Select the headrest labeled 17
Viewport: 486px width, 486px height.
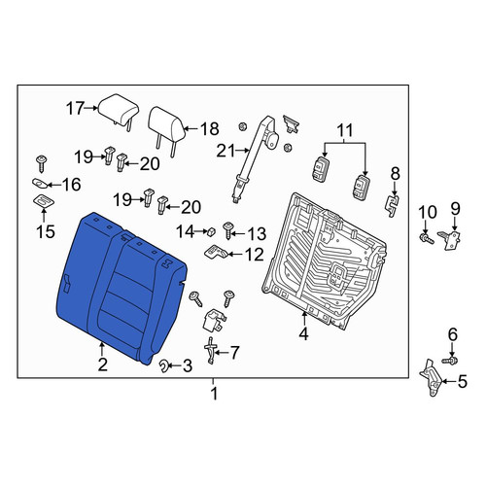119,110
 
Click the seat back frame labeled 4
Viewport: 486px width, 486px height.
324,260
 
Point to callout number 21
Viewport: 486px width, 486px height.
226,151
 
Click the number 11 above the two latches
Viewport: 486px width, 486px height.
345,131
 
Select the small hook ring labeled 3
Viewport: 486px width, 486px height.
165,366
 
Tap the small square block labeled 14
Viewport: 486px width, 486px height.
211,231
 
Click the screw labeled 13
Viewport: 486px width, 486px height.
228,230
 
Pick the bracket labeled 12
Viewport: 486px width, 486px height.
217,252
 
